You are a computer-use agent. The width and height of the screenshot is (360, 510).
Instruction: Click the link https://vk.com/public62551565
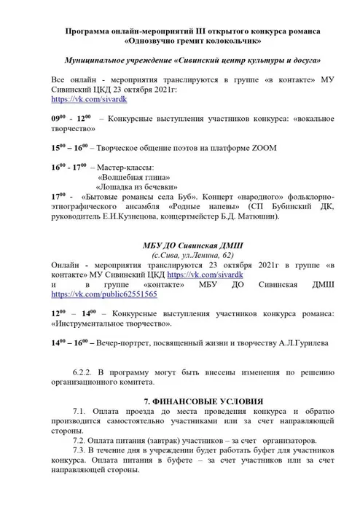pos(104,295)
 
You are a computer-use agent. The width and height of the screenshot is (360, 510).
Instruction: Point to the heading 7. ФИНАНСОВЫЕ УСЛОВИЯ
pos(197,401)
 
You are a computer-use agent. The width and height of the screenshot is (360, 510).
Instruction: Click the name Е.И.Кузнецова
pos(138,216)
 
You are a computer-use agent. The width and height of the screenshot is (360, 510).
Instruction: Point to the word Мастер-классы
pos(131,167)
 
